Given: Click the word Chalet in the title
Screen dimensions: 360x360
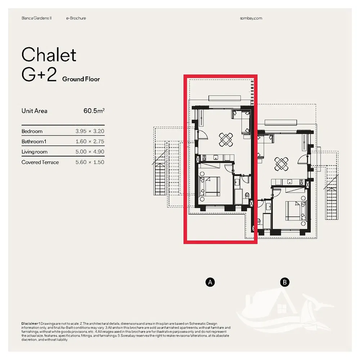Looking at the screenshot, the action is (49, 55).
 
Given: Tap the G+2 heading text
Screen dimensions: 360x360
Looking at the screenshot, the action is (39, 75).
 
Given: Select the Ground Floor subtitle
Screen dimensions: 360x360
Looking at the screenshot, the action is (81, 79).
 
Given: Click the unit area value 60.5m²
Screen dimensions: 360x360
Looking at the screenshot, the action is (94, 111).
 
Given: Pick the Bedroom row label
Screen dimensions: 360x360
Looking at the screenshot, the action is (32, 131).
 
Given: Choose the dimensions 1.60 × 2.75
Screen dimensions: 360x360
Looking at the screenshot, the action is (90, 141).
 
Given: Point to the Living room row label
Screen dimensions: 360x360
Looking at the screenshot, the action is (35, 152).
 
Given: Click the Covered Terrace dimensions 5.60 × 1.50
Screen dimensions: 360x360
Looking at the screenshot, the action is (90, 162).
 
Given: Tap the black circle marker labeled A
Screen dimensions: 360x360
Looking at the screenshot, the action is (210, 282).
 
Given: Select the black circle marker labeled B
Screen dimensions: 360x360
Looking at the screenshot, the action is (285, 282).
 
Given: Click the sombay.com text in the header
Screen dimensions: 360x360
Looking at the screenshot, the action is (251, 18).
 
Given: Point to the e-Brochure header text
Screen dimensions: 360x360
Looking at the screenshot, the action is (76, 18).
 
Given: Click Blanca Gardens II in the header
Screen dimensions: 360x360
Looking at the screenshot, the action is (36, 18).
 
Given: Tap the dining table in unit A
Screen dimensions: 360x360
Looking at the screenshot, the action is (226, 140).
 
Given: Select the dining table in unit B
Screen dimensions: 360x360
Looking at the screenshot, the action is (281, 164).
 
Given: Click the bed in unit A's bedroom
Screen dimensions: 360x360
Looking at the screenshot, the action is (210, 186).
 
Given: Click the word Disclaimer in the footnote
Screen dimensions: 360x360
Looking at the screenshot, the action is (30, 324).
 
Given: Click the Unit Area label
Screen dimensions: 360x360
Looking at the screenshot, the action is (35, 111).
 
